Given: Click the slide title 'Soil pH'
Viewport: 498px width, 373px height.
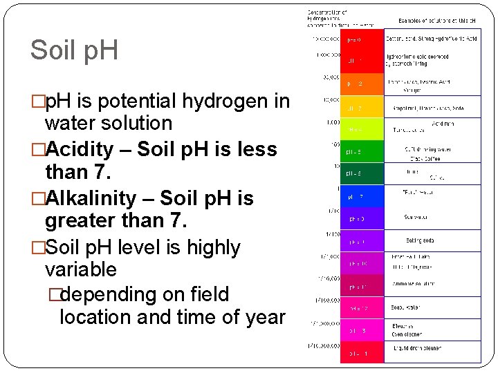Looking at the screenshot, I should coord(74,50).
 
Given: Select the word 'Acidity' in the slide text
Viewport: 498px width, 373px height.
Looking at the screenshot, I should coord(77,149).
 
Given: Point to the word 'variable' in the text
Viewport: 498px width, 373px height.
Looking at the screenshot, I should coord(80,269).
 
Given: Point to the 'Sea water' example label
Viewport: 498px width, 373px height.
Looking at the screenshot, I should coord(416,217).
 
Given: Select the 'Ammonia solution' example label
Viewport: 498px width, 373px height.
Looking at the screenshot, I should coord(424,284).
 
